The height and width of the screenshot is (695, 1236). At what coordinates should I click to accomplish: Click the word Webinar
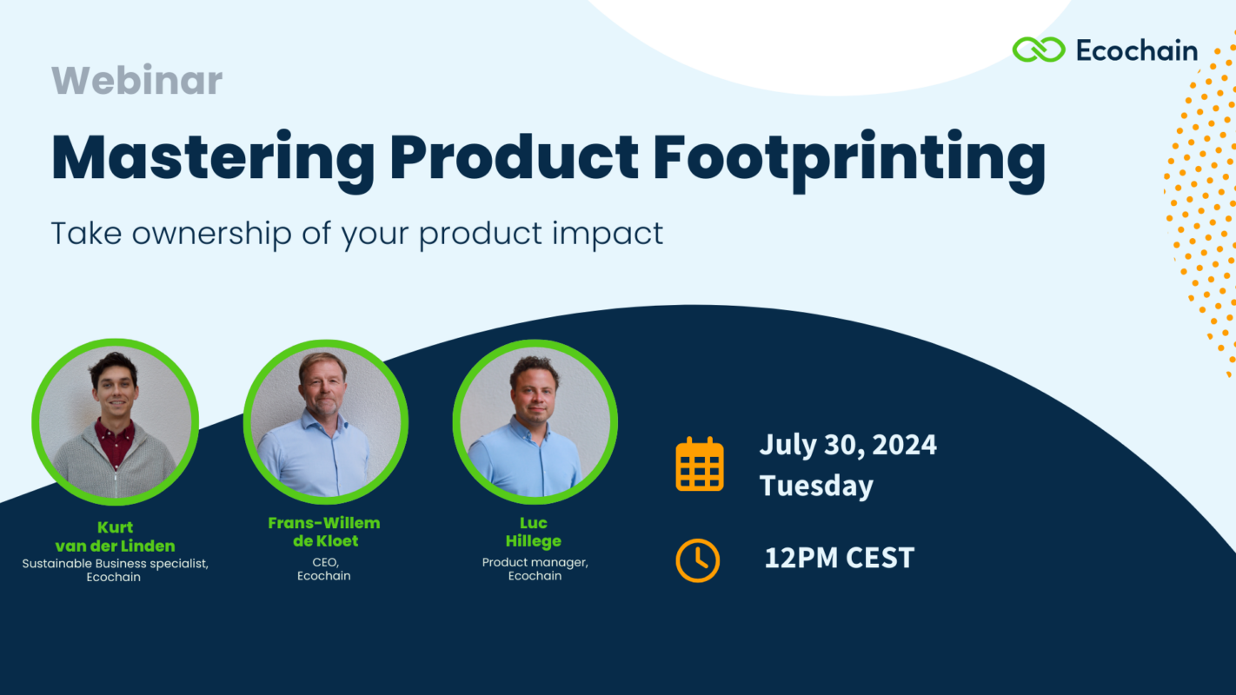[x=136, y=81]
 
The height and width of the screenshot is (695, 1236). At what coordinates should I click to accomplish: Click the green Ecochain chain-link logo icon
[x=1038, y=50]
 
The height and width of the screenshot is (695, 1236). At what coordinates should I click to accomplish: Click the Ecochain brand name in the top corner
[x=1136, y=50]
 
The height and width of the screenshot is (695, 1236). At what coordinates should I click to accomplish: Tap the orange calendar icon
[x=700, y=464]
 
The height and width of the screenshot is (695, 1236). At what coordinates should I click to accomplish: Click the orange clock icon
[x=698, y=560]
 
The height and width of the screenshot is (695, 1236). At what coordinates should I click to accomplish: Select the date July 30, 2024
[x=847, y=445]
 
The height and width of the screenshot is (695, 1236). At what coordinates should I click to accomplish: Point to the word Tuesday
[x=815, y=486]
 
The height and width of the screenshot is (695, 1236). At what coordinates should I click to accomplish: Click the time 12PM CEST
[x=839, y=558]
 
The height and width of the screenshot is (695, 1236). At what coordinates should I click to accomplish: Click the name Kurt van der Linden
[x=115, y=537]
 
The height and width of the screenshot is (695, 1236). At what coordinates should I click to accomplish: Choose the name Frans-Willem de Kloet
[x=323, y=532]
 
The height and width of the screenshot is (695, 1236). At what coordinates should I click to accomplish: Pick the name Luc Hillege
[x=534, y=532]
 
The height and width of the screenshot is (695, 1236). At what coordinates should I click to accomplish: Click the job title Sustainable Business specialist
[x=115, y=564]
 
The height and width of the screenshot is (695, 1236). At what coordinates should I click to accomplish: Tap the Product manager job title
[x=535, y=562]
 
